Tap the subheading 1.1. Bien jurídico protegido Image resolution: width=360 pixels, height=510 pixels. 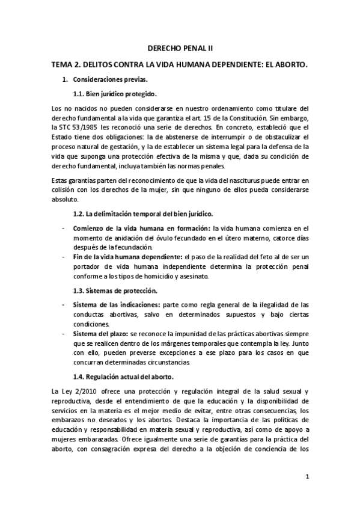pyautogui.click(x=115, y=94)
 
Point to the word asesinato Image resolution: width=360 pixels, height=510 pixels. pyautogui.click(x=189, y=277)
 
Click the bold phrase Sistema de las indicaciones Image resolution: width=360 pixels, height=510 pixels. pyautogui.click(x=116, y=306)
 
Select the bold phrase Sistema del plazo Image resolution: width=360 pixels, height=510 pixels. pyautogui.click(x=100, y=334)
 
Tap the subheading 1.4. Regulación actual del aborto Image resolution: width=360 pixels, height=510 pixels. pyautogui.click(x=123, y=378)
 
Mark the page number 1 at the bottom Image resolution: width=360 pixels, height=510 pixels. pyautogui.click(x=307, y=478)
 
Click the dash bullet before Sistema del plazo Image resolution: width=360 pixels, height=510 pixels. pyautogui.click(x=63, y=334)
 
